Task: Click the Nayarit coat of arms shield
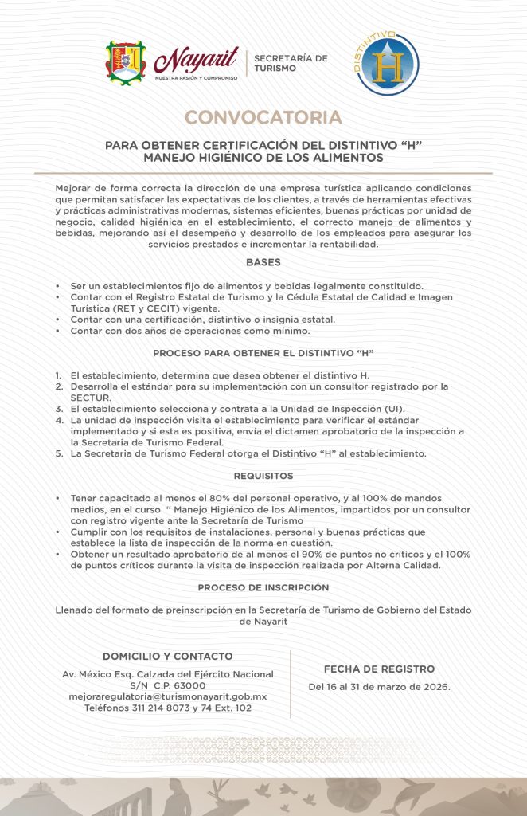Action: point(127,64)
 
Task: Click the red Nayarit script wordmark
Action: point(185,61)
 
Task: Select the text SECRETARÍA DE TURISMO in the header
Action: point(291,63)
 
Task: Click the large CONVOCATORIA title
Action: point(263,118)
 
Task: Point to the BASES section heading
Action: point(263,262)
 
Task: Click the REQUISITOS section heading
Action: point(263,476)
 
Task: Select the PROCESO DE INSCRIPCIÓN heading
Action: point(263,586)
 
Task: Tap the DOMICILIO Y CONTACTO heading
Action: point(168,657)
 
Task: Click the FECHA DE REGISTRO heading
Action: point(379,669)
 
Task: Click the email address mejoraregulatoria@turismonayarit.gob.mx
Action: point(168,696)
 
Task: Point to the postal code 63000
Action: point(189,685)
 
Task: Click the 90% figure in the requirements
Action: point(327,554)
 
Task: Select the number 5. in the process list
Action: point(59,454)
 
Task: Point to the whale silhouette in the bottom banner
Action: point(414,794)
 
